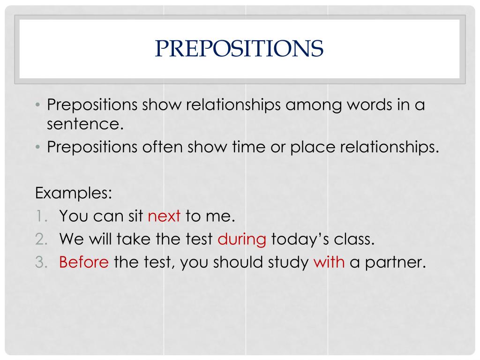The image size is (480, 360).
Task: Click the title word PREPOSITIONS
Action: [x=239, y=48]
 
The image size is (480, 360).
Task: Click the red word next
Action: [x=164, y=216]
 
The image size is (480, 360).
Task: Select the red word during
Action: [x=242, y=240]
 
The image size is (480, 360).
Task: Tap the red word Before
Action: [x=84, y=262]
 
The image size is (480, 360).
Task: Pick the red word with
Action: [x=329, y=262]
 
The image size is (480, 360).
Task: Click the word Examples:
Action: [x=74, y=193]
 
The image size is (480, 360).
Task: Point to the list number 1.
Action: [x=41, y=216]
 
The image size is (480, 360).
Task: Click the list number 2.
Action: [x=41, y=239]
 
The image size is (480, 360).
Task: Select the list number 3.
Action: [x=41, y=262]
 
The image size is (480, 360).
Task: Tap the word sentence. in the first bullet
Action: [x=85, y=124]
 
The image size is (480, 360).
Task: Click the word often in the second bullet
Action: [x=163, y=147]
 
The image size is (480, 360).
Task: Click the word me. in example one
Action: [x=220, y=217]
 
